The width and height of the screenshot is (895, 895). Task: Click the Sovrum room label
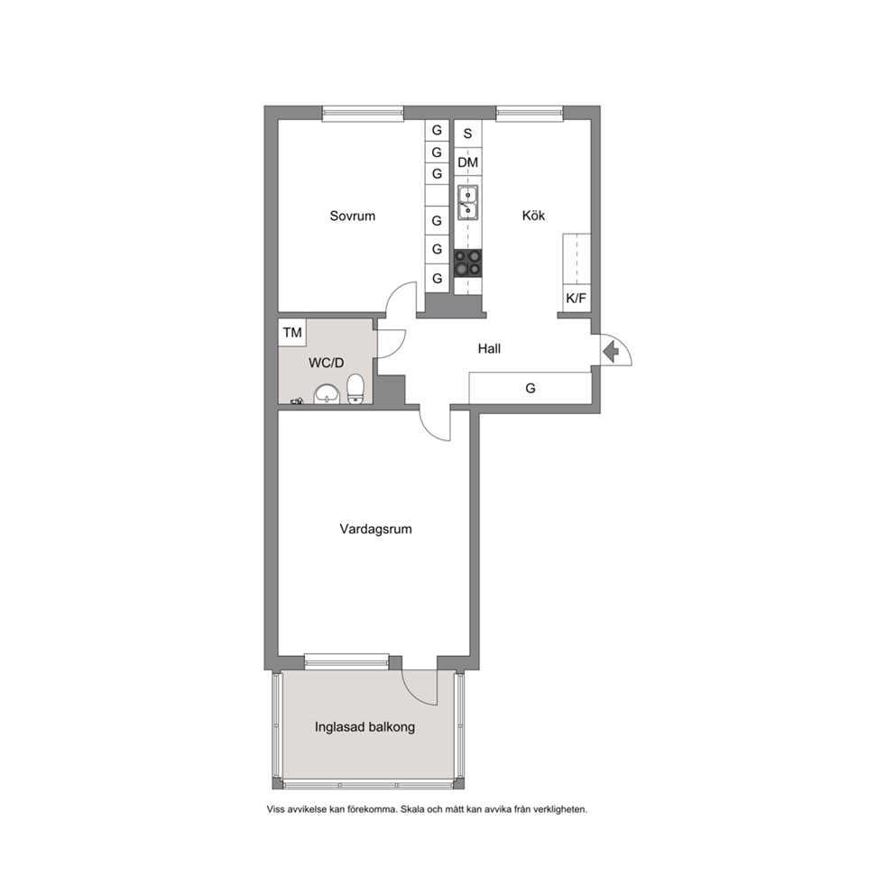(352, 216)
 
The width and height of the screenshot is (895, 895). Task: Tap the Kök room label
(533, 216)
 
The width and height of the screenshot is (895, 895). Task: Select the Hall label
(489, 348)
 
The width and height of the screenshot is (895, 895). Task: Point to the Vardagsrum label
(375, 529)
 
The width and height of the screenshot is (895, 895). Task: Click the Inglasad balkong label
(364, 727)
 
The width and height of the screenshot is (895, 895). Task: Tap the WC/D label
(326, 363)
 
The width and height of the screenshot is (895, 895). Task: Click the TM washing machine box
(292, 332)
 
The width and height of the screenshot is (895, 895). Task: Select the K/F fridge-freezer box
(576, 298)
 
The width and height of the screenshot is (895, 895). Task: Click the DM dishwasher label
(467, 162)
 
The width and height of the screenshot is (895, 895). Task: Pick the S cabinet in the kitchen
(467, 134)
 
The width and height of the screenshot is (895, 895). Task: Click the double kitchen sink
(468, 203)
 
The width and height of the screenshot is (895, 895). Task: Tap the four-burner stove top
(468, 263)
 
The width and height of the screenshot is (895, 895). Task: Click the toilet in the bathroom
(355, 389)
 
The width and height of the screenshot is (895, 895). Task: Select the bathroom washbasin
(328, 394)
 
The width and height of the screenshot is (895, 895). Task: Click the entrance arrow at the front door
(612, 350)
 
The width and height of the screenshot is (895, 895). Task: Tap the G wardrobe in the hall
(530, 389)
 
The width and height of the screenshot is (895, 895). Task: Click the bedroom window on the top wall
(363, 114)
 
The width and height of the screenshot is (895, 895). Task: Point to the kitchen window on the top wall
(530, 114)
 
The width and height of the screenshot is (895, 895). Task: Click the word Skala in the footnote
(413, 808)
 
